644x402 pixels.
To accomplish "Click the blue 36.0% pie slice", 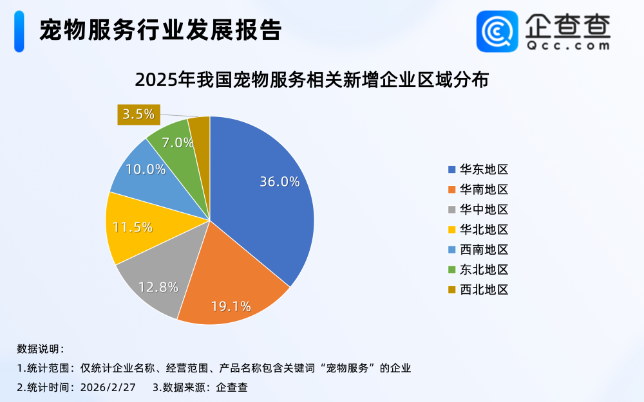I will coord(264,193).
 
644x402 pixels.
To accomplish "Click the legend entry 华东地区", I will coord(478,170).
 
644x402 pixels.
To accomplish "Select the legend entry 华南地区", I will coord(478,190).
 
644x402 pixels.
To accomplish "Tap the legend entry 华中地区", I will coord(478,210).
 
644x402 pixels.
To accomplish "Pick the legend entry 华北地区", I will coord(478,230).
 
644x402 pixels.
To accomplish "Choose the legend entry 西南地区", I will coord(478,250).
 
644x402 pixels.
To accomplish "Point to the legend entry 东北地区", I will coord(478,270).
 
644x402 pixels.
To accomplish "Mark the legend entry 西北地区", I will coord(478,289).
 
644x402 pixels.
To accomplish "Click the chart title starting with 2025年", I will coord(312,80).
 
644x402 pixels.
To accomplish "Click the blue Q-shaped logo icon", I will coord(497,31).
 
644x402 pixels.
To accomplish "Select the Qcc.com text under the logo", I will coord(567,46).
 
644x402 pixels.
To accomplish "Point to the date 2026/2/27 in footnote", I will coord(109,387).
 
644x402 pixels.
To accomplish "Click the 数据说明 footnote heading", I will coord(40,349).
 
